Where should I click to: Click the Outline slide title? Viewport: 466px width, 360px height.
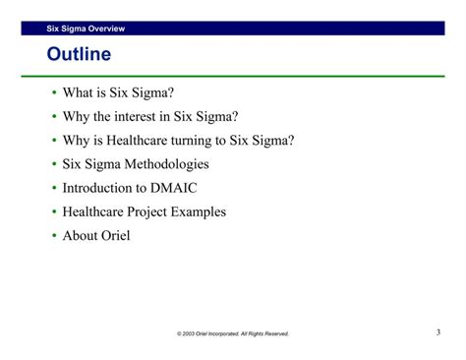(79, 53)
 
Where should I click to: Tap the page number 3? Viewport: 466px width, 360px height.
(438, 332)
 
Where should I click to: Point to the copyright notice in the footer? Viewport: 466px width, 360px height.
(233, 334)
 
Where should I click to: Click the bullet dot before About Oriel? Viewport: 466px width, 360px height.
(53, 236)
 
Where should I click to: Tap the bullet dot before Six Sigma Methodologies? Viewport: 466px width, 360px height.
(53, 164)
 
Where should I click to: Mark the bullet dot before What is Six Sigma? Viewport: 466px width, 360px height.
(53, 93)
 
